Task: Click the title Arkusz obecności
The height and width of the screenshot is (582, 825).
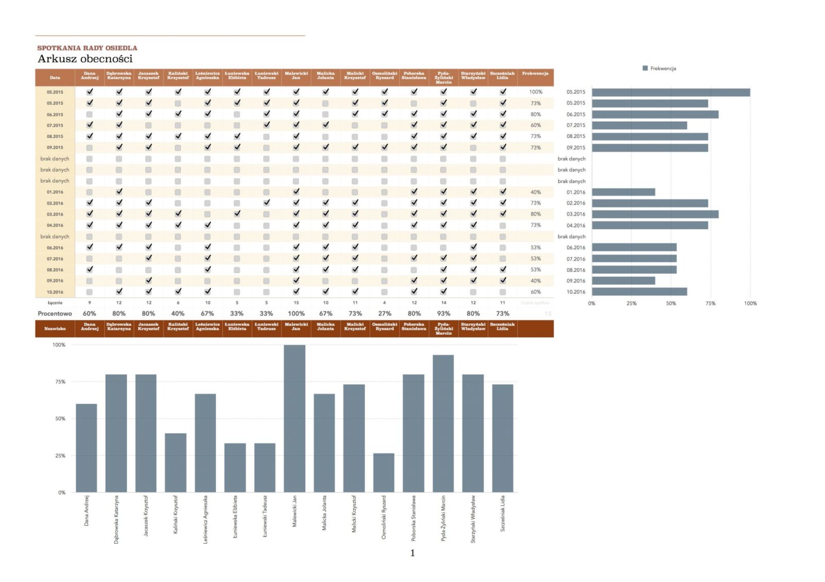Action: pos(85,59)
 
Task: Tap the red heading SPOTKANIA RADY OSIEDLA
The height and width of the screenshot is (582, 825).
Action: pos(87,48)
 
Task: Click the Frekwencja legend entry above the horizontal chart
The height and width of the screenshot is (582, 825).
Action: pos(659,69)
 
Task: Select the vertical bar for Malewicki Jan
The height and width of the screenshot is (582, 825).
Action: pos(294,418)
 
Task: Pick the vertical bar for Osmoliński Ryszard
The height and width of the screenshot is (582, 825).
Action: pos(384,472)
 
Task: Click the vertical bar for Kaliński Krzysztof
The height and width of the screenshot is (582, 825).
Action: pos(176,463)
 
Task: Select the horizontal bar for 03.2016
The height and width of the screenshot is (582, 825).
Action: pos(655,214)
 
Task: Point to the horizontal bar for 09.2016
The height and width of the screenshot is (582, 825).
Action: pos(623,281)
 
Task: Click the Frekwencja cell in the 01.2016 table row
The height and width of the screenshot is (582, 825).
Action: pos(536,192)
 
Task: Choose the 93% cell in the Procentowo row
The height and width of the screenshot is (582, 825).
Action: pos(443,313)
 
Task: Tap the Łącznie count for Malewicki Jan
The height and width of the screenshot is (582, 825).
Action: pos(296,303)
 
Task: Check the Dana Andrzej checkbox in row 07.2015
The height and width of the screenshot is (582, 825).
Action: pos(90,125)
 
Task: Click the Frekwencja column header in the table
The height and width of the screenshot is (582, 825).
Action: pos(535,74)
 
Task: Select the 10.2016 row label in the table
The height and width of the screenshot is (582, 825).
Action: pos(55,292)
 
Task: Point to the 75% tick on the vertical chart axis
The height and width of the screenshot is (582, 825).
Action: pos(60,382)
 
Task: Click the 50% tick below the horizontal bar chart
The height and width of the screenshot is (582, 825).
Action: pos(671,303)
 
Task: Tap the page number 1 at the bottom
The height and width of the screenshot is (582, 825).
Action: pos(412,553)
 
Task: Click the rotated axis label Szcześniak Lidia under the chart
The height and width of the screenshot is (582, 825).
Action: pos(503,513)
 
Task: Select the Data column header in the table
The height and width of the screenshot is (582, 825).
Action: pos(55,78)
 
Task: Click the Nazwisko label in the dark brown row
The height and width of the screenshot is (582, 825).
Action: pos(55,329)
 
